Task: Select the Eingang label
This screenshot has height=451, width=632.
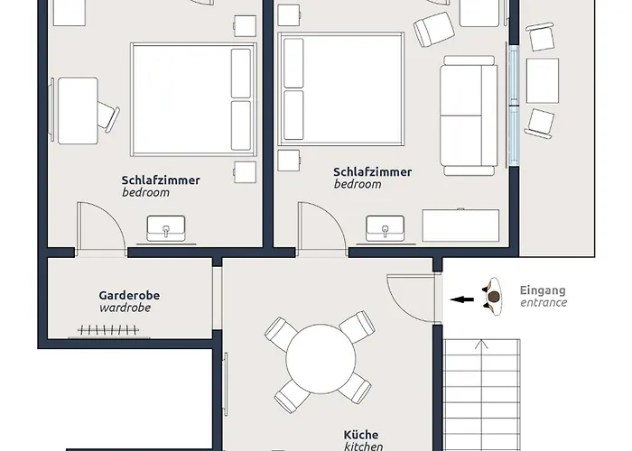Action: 543,290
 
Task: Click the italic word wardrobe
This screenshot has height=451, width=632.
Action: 125,308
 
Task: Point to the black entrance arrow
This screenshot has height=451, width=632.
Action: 462,298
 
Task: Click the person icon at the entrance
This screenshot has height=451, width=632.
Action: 493,295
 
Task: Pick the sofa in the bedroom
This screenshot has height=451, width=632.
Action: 469,115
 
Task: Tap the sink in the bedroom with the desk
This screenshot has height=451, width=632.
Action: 168,230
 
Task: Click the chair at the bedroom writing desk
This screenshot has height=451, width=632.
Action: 107,115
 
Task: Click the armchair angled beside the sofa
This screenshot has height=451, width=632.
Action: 432,30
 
